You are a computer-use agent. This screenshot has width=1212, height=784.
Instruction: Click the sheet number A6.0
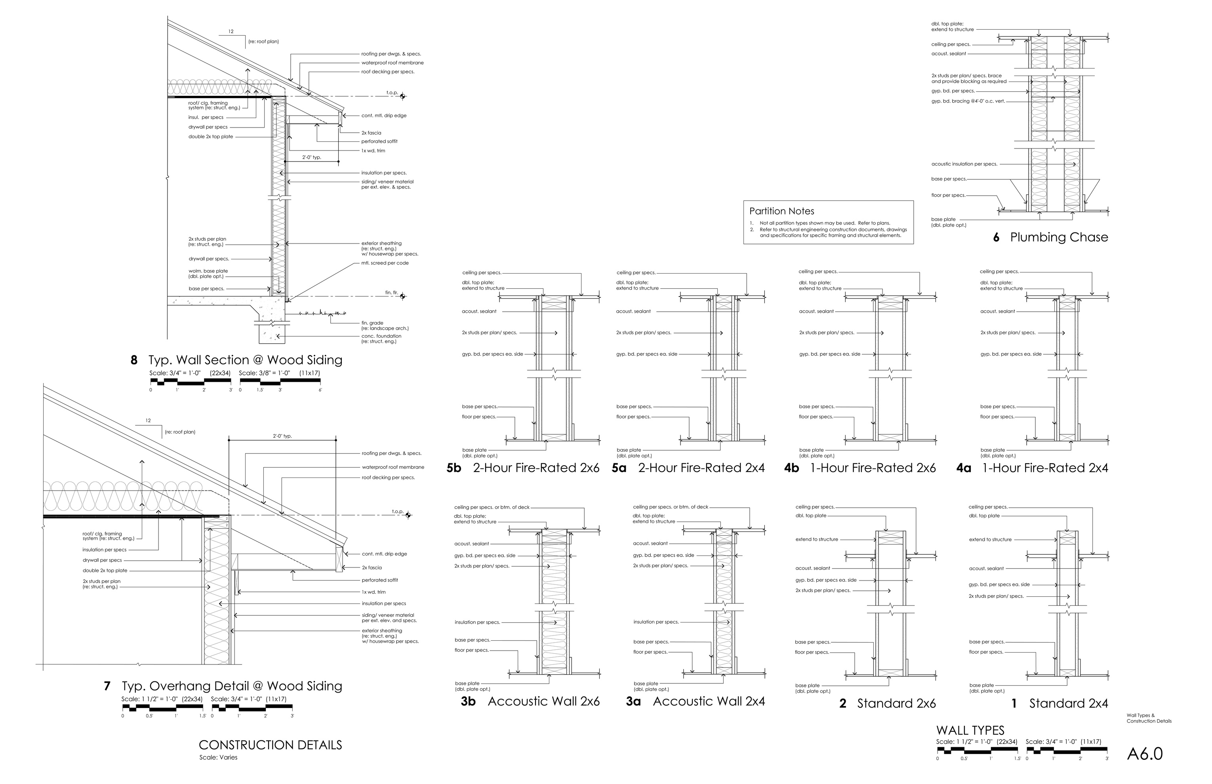click(x=1145, y=754)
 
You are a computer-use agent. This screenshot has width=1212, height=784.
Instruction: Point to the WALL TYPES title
click(x=970, y=731)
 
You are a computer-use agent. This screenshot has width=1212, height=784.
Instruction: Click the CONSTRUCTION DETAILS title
click(x=270, y=745)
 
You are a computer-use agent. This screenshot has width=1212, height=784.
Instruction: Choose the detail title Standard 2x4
click(x=1068, y=704)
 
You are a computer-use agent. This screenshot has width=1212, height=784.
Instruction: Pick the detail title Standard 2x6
click(x=896, y=704)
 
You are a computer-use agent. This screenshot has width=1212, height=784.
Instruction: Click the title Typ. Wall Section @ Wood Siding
click(x=245, y=360)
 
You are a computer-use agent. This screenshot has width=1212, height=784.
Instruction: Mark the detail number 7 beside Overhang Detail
click(x=107, y=686)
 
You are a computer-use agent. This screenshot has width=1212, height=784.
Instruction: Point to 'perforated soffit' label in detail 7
click(x=380, y=580)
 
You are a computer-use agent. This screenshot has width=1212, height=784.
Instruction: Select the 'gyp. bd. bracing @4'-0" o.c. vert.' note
click(x=968, y=101)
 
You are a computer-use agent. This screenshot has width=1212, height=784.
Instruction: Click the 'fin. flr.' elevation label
click(x=391, y=293)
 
